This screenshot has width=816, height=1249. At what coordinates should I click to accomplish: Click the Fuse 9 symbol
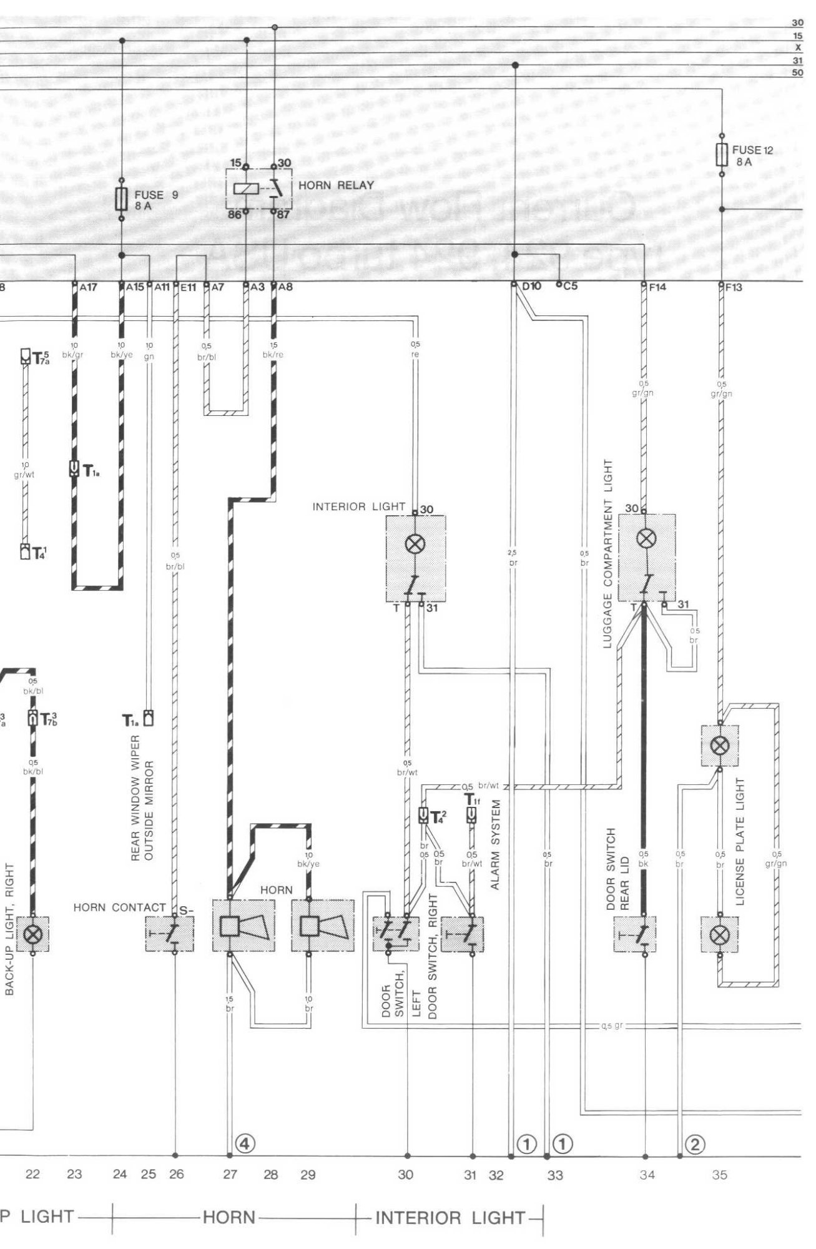click(122, 200)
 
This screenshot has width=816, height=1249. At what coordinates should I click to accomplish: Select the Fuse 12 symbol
click(722, 154)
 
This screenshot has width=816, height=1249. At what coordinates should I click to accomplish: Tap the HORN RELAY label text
click(336, 185)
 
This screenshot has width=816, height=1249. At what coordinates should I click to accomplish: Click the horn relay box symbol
click(258, 189)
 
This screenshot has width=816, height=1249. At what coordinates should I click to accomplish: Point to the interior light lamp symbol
click(415, 543)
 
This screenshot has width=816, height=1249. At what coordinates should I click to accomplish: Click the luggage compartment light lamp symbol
click(646, 538)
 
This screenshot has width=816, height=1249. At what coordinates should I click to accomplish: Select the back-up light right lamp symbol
click(32, 934)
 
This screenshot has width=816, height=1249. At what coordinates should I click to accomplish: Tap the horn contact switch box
click(170, 934)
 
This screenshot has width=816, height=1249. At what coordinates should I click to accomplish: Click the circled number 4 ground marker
click(245, 1143)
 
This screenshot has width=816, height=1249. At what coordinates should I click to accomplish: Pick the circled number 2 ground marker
click(695, 1144)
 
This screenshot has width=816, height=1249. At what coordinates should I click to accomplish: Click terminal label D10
click(531, 287)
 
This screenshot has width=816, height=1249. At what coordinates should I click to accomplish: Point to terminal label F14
click(657, 287)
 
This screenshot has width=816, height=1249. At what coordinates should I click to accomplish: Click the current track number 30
click(406, 1175)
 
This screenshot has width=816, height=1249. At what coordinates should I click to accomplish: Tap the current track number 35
click(719, 1175)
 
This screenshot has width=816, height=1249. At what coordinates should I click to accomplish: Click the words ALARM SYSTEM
click(496, 844)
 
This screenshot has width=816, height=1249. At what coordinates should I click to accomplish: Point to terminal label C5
click(570, 287)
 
